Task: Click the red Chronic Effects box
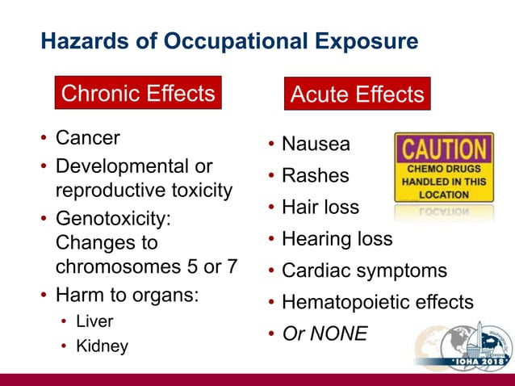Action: point(137,94)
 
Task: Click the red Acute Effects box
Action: point(357,94)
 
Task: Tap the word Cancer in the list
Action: point(87,138)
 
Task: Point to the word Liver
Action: point(94,321)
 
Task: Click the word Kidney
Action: point(102,346)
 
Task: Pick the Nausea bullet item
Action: point(316,145)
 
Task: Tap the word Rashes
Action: point(315,175)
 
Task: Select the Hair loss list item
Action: point(320,207)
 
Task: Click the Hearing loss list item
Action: point(337,239)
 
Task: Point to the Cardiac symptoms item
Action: point(363,271)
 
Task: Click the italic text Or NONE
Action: point(324,333)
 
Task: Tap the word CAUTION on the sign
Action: point(443,150)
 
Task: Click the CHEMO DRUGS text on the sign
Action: point(444,170)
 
